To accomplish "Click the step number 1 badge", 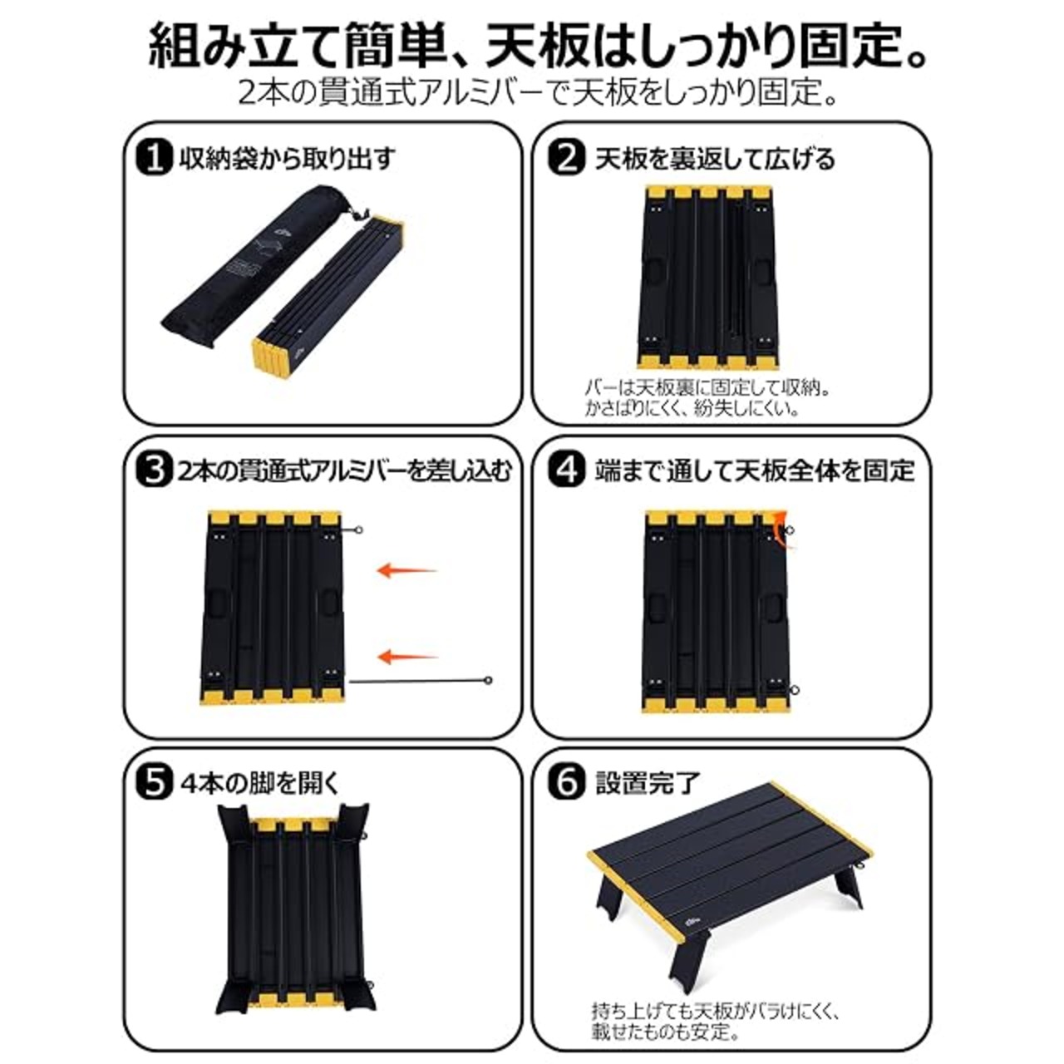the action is [x=154, y=159].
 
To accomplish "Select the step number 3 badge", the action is [x=154, y=470].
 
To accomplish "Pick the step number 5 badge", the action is [x=154, y=782].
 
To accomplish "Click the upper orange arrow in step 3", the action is [x=407, y=570].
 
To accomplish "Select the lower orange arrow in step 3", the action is [x=407, y=656].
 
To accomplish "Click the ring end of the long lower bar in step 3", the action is [x=488, y=680].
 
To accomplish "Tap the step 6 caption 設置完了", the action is [x=647, y=782].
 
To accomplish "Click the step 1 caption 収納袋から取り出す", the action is [x=287, y=159].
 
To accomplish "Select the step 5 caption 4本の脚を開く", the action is [x=259, y=783].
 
